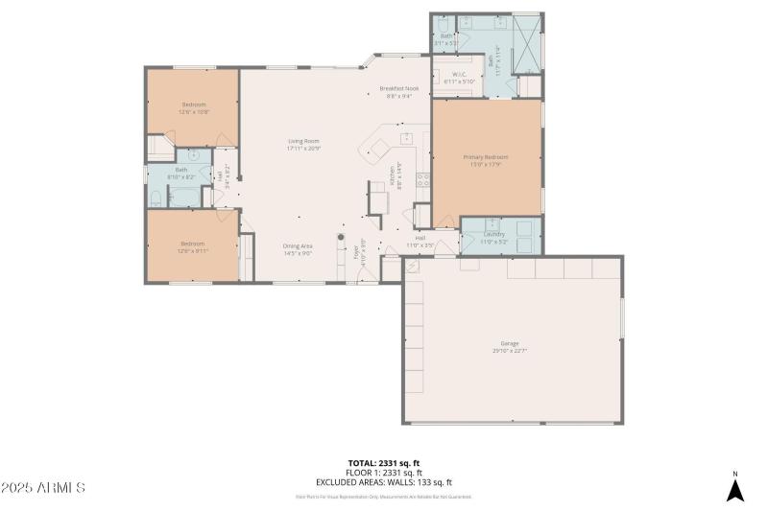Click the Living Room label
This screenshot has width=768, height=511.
pos(303,141)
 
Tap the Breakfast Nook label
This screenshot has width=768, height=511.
pos(398,88)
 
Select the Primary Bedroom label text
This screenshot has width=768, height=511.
pos(486,156)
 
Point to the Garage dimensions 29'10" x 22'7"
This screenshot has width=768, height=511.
pos(508,351)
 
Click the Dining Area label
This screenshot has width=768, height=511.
pos(298,246)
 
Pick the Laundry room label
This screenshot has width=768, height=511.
pos(494,234)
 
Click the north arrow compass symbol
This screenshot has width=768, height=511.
pos(734,489)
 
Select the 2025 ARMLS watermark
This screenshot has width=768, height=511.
pos(44,488)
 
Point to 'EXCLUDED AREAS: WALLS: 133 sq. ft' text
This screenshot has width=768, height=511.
pos(383,482)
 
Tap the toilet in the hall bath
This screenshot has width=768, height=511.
pos(156,198)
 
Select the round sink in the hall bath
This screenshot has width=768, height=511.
pos(193,154)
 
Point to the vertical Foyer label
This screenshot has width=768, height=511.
pos(356,253)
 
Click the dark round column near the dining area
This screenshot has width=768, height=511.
pos(340,237)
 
